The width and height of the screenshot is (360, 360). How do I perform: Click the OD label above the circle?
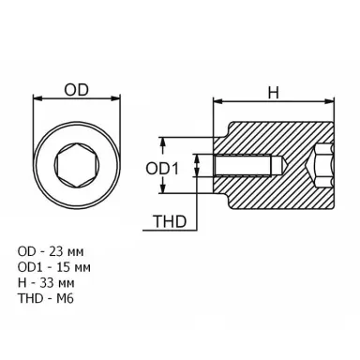(77, 90)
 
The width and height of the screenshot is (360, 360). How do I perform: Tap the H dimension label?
(274, 93)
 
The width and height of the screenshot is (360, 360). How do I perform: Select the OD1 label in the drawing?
(162, 169)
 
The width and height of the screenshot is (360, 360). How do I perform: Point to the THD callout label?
(170, 221)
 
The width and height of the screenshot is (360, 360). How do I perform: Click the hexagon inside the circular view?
(77, 166)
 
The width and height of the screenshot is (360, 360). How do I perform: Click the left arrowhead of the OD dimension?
(37, 98)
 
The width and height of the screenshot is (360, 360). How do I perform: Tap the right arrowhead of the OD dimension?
(116, 98)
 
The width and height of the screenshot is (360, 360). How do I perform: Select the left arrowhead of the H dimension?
(217, 101)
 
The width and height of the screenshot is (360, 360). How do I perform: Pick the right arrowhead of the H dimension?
(330, 101)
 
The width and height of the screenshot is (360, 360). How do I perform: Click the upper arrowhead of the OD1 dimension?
(162, 142)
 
